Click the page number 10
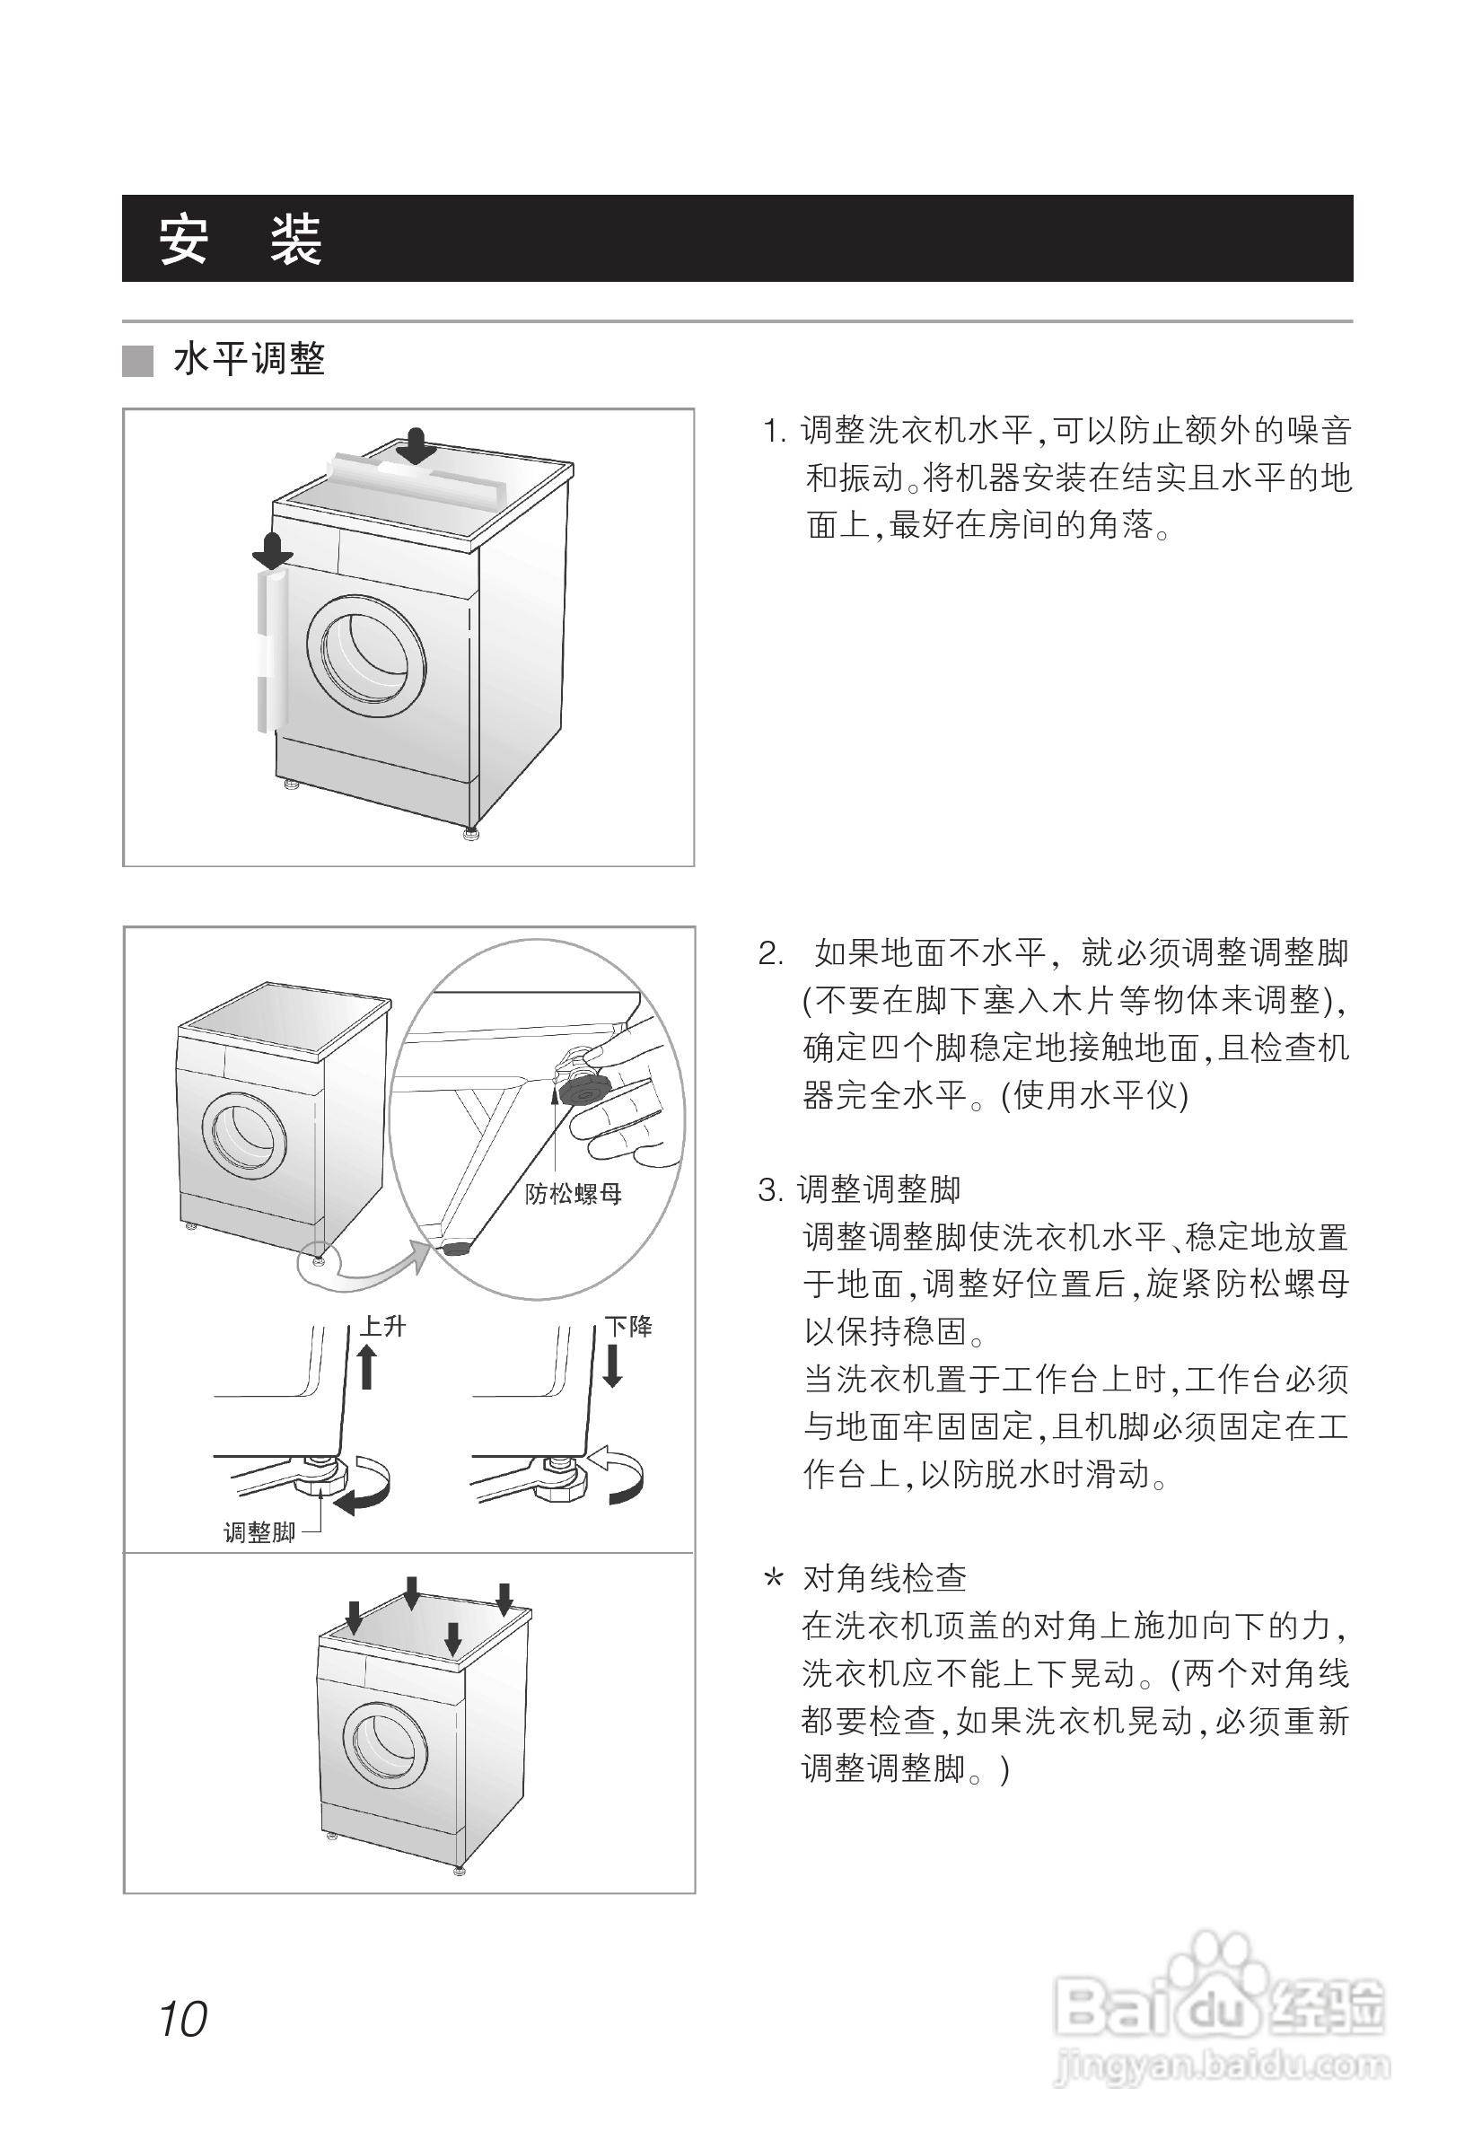pyautogui.click(x=183, y=2018)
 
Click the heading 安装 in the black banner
pyautogui.click(x=240, y=240)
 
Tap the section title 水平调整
pyautogui.click(x=249, y=359)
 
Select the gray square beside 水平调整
pyautogui.click(x=137, y=360)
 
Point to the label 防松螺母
pyautogui.click(x=573, y=1193)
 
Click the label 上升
pyautogui.click(x=382, y=1325)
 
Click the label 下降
pyautogui.click(x=628, y=1325)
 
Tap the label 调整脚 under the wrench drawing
pyautogui.click(x=259, y=1532)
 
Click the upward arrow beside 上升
pyautogui.click(x=367, y=1368)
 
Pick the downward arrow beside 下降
pyautogui.click(x=612, y=1366)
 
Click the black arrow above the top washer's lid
pyautogui.click(x=416, y=446)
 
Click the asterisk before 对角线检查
pyautogui.click(x=773, y=1579)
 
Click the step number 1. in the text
pyautogui.click(x=776, y=431)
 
